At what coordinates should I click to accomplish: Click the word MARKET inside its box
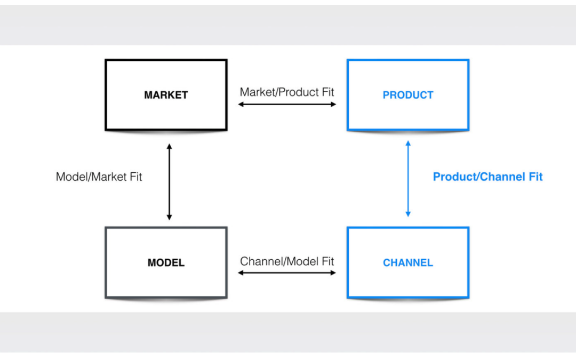coord(166,95)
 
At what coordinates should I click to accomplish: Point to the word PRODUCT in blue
coord(408,95)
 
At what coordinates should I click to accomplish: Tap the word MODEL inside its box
coord(166,262)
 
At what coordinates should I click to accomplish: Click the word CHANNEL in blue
coord(408,262)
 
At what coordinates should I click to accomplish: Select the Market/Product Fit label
coord(287,92)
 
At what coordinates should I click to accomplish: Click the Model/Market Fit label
coord(99,177)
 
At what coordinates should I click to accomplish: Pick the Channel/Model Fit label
coord(287,261)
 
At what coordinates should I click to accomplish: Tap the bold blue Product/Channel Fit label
coord(487,177)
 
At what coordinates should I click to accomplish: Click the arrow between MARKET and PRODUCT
coord(287,105)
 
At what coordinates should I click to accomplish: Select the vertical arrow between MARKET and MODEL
coord(170,182)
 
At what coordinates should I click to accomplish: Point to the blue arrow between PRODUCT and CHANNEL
coord(408,179)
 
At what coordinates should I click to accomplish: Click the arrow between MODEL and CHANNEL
coord(287,273)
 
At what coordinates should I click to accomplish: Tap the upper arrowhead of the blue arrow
coord(408,143)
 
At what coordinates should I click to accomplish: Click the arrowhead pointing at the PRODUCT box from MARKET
coord(333,105)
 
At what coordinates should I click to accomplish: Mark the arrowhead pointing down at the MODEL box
coord(170,218)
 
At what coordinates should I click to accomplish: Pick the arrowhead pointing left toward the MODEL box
coord(241,273)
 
